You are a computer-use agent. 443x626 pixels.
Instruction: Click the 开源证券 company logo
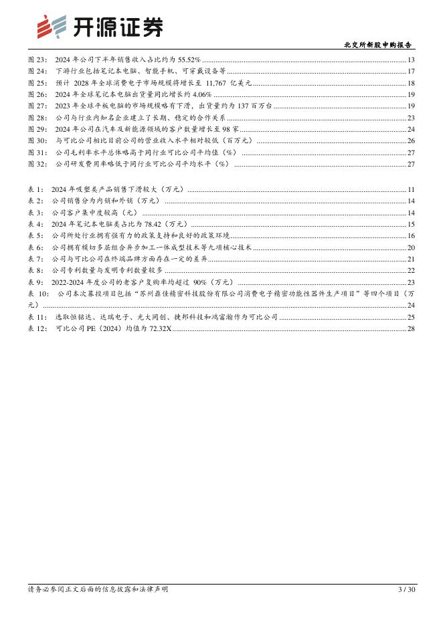tap(99, 27)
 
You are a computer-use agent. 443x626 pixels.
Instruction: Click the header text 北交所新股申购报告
tap(379, 45)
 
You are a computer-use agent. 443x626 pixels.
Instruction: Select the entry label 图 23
tap(37, 60)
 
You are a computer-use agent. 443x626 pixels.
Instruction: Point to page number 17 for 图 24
tap(411, 71)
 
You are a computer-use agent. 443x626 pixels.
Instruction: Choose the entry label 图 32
tap(37, 164)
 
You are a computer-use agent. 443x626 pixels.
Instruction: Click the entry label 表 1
tap(35, 191)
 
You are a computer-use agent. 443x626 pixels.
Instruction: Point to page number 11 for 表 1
tap(411, 191)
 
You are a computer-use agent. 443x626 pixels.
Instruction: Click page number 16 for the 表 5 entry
tap(411, 235)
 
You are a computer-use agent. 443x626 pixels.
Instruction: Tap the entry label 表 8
tap(35, 270)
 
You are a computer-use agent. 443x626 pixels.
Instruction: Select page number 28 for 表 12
tap(411, 328)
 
